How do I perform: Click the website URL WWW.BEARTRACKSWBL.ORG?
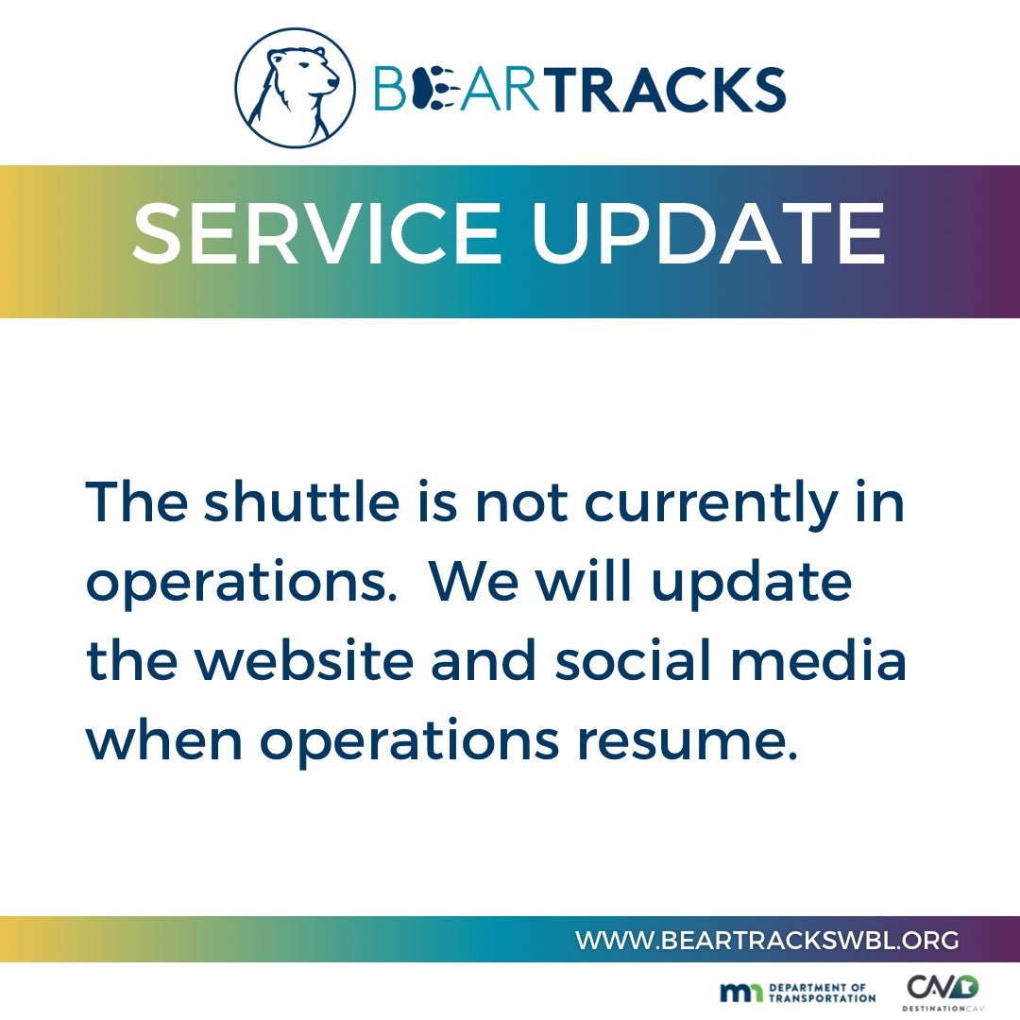click(x=767, y=940)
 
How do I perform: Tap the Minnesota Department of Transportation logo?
click(x=797, y=992)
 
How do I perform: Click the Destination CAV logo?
click(x=943, y=993)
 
